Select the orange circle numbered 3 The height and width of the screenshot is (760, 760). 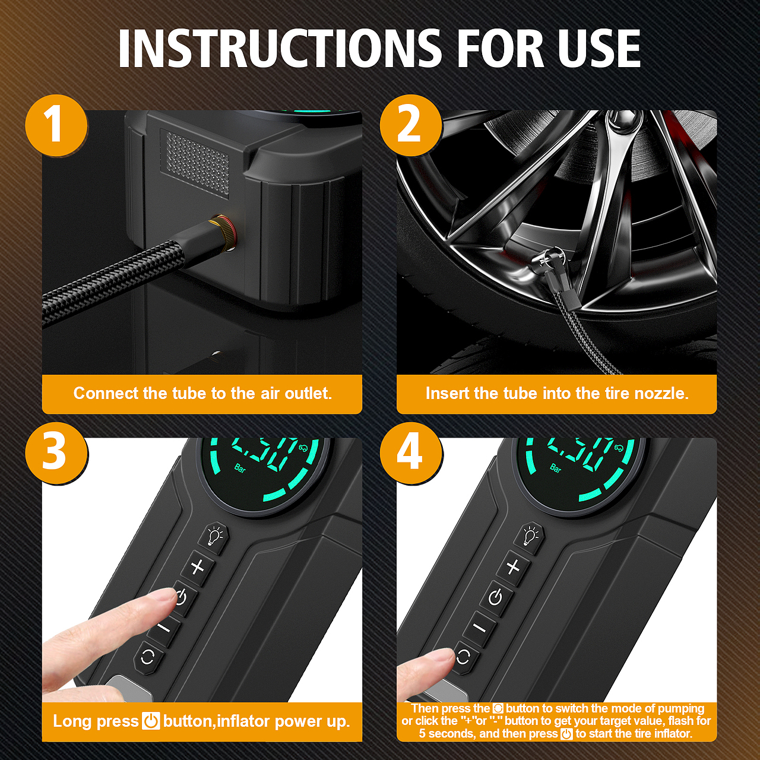click(x=56, y=454)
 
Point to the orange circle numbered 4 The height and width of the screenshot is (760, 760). click(x=411, y=454)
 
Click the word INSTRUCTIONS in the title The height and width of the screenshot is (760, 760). click(x=280, y=49)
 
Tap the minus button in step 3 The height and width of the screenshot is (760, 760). click(x=165, y=626)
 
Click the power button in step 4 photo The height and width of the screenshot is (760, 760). click(x=495, y=598)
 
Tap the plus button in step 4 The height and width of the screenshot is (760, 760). click(x=513, y=567)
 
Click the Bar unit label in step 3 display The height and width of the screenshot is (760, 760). click(x=240, y=468)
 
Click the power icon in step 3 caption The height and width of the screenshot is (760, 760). click(x=151, y=721)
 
